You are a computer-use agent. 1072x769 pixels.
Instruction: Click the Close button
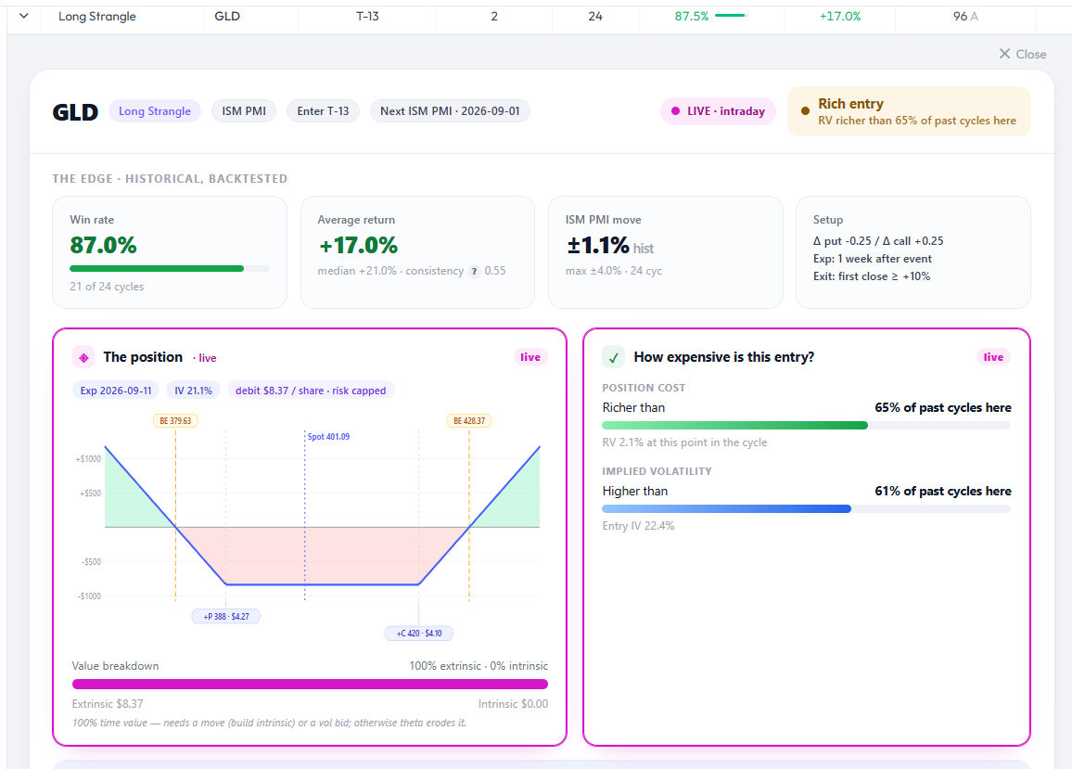(x=1022, y=54)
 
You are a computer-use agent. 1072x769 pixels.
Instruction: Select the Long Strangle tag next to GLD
(x=155, y=110)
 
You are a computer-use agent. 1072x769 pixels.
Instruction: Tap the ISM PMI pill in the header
(x=244, y=110)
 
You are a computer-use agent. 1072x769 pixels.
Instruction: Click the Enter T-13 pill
(x=323, y=110)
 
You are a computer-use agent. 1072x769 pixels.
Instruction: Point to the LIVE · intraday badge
(x=718, y=110)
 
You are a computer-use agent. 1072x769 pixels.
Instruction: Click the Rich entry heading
(x=850, y=103)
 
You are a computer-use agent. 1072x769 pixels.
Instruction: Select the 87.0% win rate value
(x=103, y=245)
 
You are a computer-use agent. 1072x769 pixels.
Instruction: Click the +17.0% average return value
(x=358, y=245)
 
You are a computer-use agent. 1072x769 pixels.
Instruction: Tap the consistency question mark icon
(x=474, y=272)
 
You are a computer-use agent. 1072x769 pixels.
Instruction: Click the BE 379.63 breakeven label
(x=175, y=421)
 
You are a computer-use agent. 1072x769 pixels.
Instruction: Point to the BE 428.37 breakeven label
(x=469, y=421)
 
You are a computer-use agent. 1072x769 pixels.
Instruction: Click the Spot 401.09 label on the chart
(x=328, y=437)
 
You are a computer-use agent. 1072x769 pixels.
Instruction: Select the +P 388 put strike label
(x=226, y=617)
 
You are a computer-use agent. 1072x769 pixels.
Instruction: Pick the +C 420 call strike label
(x=419, y=633)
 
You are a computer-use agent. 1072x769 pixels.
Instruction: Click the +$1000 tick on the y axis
(x=88, y=459)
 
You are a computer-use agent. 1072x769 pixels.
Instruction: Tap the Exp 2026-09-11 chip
(x=116, y=391)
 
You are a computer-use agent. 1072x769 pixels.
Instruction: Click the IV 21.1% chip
(x=194, y=391)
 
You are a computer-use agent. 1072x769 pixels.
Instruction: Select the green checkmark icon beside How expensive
(x=613, y=357)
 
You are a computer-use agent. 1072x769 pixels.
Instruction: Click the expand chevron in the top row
(x=24, y=16)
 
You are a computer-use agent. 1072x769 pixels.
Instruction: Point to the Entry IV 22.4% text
(x=639, y=526)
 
